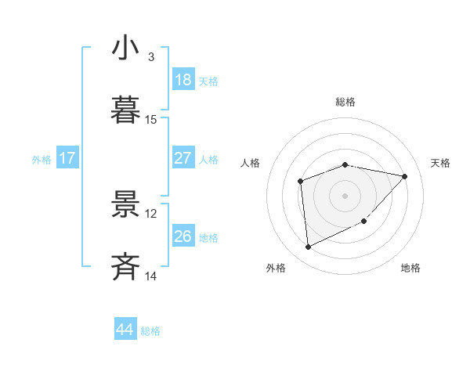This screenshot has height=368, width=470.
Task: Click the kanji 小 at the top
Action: click(x=126, y=49)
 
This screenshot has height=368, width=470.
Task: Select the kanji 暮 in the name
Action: click(x=126, y=111)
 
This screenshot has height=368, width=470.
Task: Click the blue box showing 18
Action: click(x=183, y=80)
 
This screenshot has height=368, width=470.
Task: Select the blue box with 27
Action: click(x=183, y=158)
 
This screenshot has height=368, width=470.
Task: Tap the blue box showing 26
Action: click(x=183, y=236)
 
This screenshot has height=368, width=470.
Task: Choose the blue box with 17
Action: click(x=67, y=158)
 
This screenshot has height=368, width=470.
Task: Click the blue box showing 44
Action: click(x=125, y=330)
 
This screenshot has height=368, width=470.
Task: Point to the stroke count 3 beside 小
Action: click(x=151, y=57)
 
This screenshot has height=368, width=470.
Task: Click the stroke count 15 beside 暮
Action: click(x=151, y=120)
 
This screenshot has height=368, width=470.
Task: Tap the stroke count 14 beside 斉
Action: click(x=151, y=276)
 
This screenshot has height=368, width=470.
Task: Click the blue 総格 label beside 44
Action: click(x=150, y=331)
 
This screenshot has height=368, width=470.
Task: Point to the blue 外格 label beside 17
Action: click(x=42, y=159)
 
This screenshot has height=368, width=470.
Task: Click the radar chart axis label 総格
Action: click(x=345, y=102)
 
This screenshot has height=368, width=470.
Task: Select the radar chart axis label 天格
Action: click(x=440, y=163)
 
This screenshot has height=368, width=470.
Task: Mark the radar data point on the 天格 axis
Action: click(x=404, y=176)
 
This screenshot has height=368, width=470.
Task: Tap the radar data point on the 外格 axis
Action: click(x=309, y=247)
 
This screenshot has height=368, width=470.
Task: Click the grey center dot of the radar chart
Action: click(x=345, y=194)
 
